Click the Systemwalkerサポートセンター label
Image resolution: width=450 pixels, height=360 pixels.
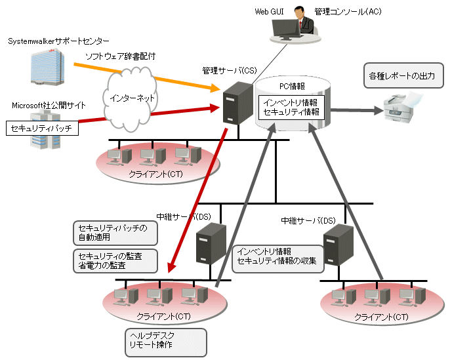point(59,41)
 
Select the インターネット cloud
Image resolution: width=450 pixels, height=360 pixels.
point(129,98)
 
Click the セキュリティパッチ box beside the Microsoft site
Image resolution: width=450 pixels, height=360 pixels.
point(43,129)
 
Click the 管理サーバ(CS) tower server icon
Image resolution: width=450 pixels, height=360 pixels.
point(232,105)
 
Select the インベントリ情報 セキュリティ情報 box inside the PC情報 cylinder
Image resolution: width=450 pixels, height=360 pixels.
point(290,108)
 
